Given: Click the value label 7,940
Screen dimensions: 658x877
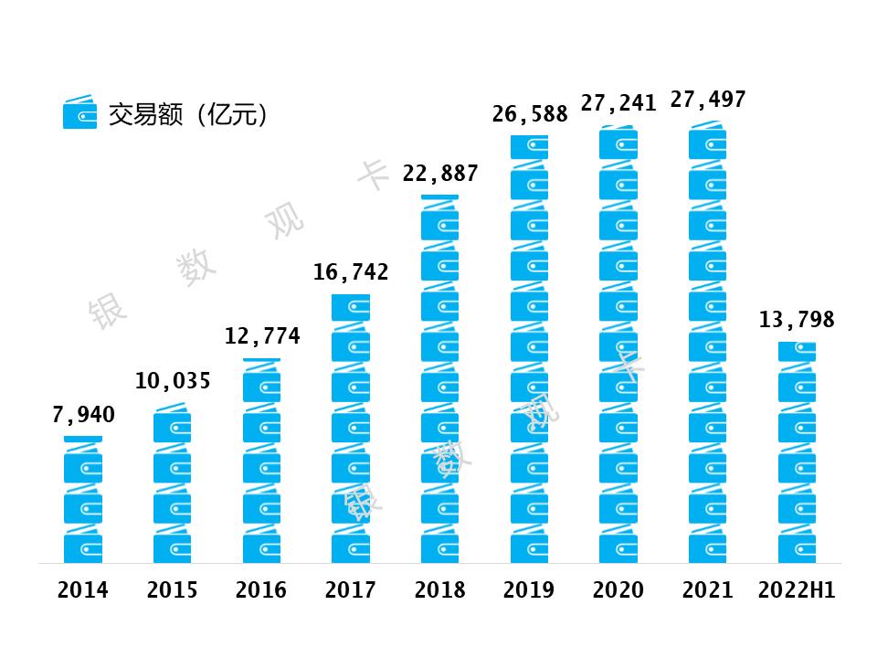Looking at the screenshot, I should (x=83, y=415).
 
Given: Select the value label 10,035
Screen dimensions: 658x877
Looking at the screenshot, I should (x=173, y=381).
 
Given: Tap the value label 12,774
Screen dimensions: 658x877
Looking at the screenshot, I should (x=262, y=336).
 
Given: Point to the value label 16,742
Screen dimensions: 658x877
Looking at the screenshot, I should (x=351, y=271).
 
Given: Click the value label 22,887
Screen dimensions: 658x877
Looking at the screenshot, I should (x=440, y=174).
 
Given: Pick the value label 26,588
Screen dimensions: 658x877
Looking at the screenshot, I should (x=530, y=114).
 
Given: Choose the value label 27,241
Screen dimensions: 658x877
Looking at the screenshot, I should (x=618, y=103).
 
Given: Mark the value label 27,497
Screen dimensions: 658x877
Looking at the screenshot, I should (x=708, y=100).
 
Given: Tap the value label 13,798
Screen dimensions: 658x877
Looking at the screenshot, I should (x=797, y=320).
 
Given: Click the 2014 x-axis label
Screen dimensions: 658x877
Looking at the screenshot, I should (x=83, y=590).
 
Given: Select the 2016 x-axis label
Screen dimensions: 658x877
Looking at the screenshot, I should (x=261, y=590).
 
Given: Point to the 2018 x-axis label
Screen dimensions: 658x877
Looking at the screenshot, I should (x=440, y=590).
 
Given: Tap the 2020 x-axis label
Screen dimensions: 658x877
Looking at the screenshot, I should (x=618, y=590).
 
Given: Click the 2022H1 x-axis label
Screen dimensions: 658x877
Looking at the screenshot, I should (x=797, y=590).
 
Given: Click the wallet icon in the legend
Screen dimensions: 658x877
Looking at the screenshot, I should (x=79, y=113).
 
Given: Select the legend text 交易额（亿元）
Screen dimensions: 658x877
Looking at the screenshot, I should (x=187, y=114).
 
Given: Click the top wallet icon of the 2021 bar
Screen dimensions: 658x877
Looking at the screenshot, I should (x=708, y=142).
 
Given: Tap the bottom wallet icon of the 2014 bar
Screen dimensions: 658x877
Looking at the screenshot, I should (x=83, y=547).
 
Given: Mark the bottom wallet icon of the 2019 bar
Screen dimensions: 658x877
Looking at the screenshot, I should (x=530, y=547).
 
